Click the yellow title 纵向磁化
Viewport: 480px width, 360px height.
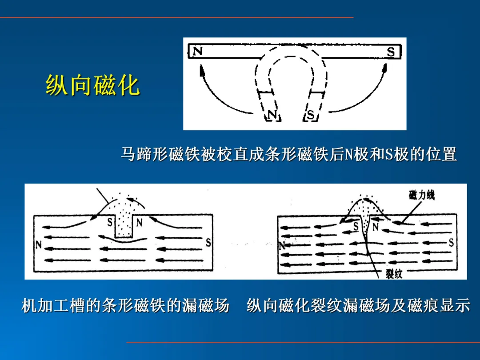click(93, 85)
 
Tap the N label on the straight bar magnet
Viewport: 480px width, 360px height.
click(197, 51)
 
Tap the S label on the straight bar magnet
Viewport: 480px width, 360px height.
click(391, 52)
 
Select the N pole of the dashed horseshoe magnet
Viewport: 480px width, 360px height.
click(272, 115)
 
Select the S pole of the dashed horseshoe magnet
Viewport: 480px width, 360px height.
click(310, 115)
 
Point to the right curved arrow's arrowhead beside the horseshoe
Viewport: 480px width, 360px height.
click(385, 68)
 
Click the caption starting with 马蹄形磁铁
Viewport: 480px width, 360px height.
click(289, 154)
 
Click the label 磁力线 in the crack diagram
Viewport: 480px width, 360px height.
click(421, 195)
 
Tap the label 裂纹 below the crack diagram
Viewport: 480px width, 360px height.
click(394, 274)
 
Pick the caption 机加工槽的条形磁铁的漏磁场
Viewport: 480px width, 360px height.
click(125, 305)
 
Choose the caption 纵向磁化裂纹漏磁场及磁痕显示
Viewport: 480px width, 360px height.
click(358, 305)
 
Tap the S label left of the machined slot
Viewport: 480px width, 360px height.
click(110, 222)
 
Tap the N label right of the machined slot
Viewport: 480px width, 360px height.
click(139, 222)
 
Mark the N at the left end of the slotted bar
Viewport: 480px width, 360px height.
click(39, 244)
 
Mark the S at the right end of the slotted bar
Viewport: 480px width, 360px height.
click(208, 243)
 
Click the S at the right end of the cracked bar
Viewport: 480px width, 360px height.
click(451, 243)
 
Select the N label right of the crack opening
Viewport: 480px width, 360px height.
click(376, 227)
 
